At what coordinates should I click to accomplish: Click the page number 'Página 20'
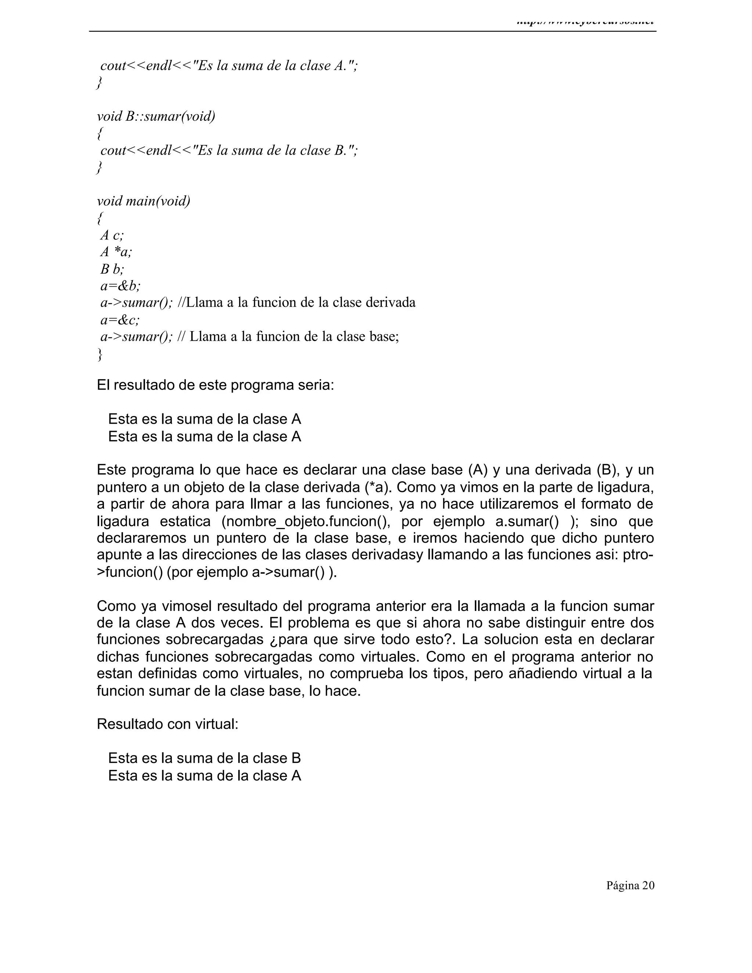630,885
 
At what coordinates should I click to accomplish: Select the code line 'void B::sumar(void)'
156,116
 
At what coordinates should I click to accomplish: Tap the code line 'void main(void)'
144,201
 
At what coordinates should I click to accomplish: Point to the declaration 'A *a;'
116,252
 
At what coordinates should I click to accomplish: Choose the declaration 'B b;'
112,269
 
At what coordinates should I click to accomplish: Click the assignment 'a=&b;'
120,286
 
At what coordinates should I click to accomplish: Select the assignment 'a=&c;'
120,320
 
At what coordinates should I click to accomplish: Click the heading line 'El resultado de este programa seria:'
215,385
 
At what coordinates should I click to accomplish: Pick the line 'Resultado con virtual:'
167,724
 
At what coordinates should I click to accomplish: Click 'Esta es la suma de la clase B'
205,758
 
